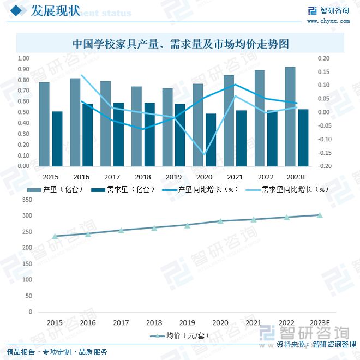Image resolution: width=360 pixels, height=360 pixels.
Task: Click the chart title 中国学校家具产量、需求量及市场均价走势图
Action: click(x=180, y=43)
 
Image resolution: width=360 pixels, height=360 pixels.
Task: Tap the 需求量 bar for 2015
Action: click(x=57, y=139)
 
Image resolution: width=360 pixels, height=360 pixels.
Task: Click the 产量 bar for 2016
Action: click(x=75, y=122)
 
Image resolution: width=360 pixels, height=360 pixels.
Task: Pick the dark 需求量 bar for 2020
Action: click(x=211, y=140)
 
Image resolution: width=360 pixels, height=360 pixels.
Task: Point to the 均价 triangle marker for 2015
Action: click(x=55, y=237)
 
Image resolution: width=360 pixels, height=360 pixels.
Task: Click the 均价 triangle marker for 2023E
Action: click(x=320, y=215)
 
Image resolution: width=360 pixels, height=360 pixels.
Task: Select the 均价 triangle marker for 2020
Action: click(x=220, y=221)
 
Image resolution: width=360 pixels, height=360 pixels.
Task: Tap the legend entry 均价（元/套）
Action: click(x=179, y=335)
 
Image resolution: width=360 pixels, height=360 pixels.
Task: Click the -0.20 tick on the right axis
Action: click(x=324, y=166)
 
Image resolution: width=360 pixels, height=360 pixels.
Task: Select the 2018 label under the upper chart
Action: click(x=142, y=177)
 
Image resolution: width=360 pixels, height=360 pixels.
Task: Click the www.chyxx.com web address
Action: click(x=328, y=21)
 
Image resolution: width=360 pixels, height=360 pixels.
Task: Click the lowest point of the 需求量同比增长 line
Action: click(x=205, y=155)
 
